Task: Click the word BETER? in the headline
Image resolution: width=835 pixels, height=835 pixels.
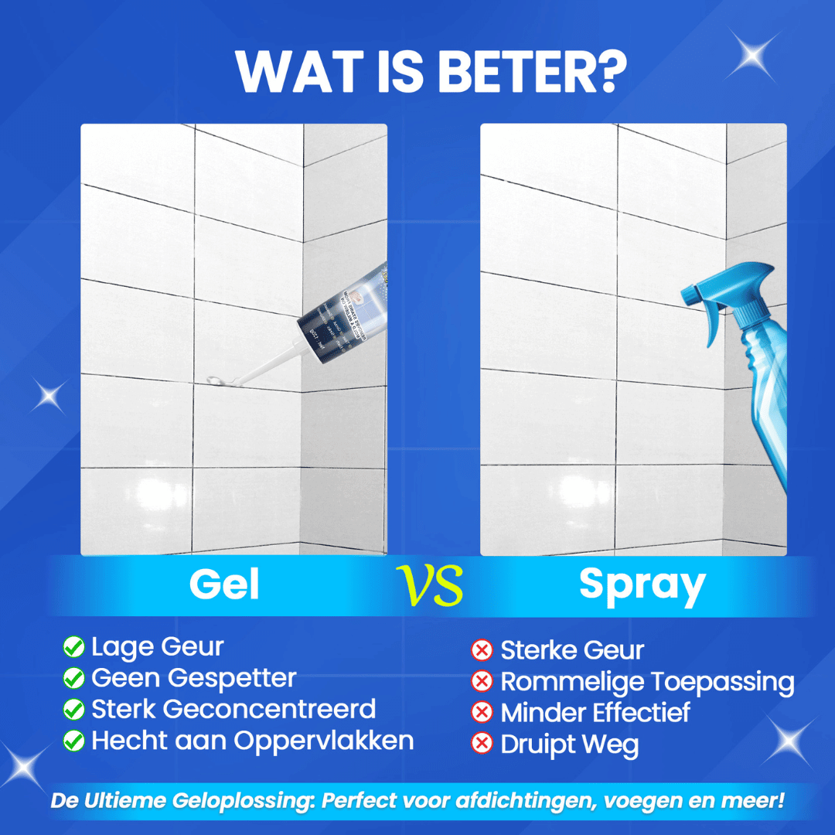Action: click(x=533, y=71)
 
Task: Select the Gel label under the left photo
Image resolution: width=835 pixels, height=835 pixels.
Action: click(x=224, y=584)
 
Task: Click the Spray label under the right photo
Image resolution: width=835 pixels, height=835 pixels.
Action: click(x=642, y=584)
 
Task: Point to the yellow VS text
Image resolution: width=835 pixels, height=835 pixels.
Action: click(x=430, y=585)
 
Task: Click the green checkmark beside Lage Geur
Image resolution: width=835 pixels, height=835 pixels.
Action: click(x=73, y=647)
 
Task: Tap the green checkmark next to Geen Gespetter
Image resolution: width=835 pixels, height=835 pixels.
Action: click(x=73, y=678)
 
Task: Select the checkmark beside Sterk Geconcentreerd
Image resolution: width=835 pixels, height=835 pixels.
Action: click(x=73, y=709)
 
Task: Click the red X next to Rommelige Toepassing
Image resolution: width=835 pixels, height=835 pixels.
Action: click(x=482, y=681)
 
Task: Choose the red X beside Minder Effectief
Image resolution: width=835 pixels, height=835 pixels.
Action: click(x=482, y=712)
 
